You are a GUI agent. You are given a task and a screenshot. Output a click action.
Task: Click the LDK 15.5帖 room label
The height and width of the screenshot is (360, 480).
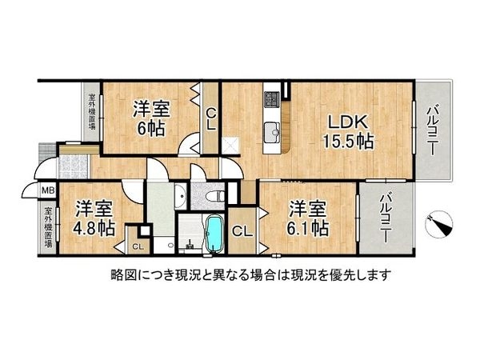coord(350,132)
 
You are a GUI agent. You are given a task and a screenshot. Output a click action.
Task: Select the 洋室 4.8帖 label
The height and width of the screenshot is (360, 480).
coord(95,218)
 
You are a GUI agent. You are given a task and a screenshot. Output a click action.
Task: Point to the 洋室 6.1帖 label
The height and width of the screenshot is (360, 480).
coord(309,218)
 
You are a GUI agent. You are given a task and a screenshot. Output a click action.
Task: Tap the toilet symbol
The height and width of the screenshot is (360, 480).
coord(214,194)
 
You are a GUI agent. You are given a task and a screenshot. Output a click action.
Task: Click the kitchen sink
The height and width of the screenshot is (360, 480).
coord(271,129)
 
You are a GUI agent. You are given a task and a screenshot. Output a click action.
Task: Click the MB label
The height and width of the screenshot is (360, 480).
coord(48,191)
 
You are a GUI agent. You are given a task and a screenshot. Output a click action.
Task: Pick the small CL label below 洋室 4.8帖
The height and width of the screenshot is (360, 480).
coord(138,246)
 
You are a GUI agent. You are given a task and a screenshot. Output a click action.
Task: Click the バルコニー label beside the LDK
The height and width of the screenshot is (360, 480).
coord(431,131)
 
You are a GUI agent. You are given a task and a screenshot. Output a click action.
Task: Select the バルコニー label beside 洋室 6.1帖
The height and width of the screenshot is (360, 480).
coord(386,218)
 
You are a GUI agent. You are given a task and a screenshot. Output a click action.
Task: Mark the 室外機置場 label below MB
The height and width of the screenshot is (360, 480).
coord(48,227)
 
